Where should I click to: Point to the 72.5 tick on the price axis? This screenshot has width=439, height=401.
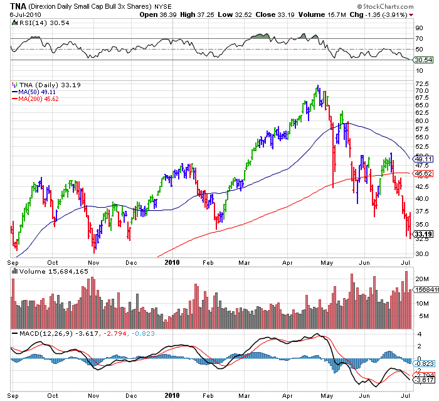click(421, 83)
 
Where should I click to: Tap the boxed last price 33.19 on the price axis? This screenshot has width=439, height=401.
click(423, 233)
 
